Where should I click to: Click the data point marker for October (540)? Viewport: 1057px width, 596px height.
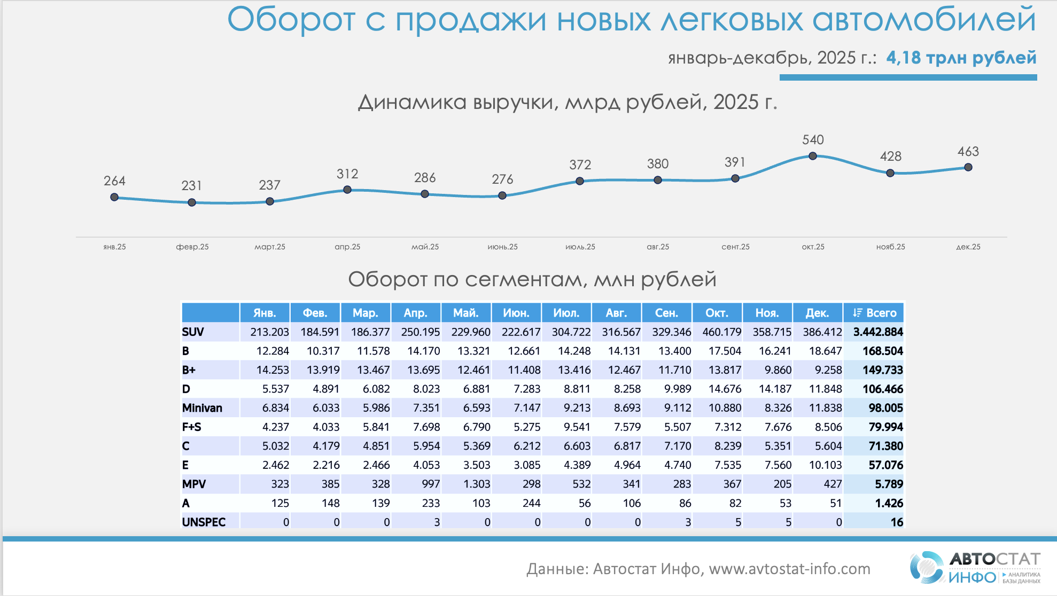click(812, 156)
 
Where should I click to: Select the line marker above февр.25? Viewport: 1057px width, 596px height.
click(192, 202)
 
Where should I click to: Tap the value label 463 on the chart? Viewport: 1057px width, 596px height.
click(968, 152)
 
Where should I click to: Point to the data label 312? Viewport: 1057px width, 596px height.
click(347, 174)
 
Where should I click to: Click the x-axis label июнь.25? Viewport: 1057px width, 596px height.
click(502, 247)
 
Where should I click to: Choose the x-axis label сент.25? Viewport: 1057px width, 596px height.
click(735, 247)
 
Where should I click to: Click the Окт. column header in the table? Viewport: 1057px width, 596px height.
click(717, 313)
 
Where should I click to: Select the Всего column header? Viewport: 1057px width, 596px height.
click(874, 313)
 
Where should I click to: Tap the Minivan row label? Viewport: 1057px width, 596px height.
click(202, 408)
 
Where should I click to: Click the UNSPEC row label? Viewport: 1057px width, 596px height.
click(204, 522)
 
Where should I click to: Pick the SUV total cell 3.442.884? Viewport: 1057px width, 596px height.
click(877, 332)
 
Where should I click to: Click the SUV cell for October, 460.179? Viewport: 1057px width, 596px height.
click(721, 332)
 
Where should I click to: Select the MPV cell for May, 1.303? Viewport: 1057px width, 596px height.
click(477, 484)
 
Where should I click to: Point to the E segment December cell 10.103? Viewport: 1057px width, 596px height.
click(825, 465)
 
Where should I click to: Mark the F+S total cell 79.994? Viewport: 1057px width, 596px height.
click(885, 427)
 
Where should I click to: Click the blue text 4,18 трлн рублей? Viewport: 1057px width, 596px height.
click(961, 58)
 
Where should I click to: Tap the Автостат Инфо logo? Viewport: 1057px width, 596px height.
click(975, 568)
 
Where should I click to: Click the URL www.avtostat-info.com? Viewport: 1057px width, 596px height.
click(789, 569)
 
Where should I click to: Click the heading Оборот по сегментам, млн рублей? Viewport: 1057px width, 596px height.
click(532, 279)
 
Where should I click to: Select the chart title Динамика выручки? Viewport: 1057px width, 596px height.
click(566, 102)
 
